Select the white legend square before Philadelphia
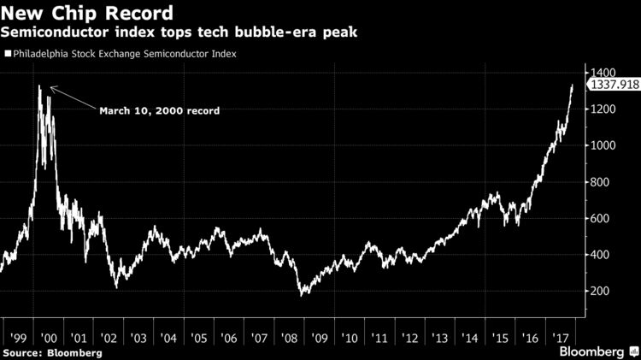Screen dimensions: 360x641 pyautogui.click(x=7, y=54)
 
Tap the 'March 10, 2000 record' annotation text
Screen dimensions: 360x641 pyautogui.click(x=160, y=110)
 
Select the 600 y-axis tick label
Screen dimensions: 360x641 pyautogui.click(x=600, y=218)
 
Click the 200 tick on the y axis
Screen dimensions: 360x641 pyautogui.click(x=600, y=291)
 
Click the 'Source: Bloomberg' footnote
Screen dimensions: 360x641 pyautogui.click(x=52, y=352)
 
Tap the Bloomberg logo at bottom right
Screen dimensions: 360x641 pyautogui.click(x=591, y=351)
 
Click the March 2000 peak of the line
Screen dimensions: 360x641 pyautogui.click(x=39, y=86)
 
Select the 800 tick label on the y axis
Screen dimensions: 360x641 pyautogui.click(x=600, y=182)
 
